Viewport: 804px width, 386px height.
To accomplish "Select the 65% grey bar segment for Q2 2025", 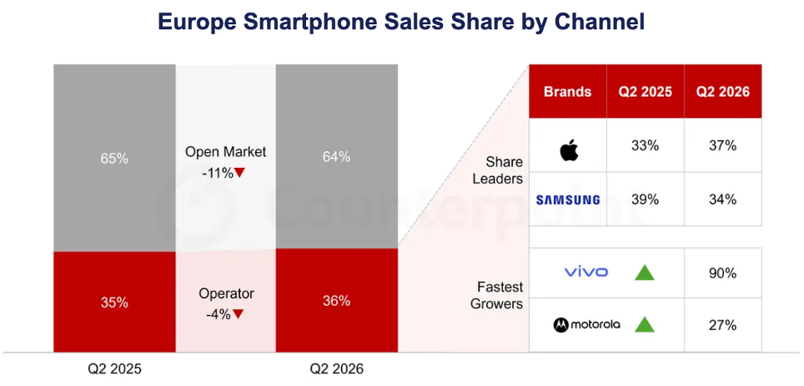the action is (x=114, y=158).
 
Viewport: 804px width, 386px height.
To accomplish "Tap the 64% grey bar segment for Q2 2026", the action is (x=336, y=156).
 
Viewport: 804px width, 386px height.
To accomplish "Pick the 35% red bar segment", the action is (x=114, y=302).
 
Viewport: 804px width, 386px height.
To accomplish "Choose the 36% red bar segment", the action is (x=336, y=301).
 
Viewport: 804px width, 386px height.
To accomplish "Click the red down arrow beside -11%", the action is (x=239, y=173).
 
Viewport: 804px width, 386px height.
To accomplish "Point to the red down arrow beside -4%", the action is (x=238, y=313).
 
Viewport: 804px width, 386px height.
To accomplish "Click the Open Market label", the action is (x=226, y=152).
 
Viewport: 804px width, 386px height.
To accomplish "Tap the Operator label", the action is (x=226, y=293).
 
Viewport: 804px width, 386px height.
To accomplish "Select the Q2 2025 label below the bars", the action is (x=114, y=369).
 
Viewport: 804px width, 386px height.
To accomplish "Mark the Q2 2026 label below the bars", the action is (x=336, y=369).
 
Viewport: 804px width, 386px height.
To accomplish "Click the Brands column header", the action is (x=568, y=92).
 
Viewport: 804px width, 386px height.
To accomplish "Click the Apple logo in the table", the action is (x=569, y=150).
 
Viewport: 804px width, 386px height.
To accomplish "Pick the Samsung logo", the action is (x=568, y=200).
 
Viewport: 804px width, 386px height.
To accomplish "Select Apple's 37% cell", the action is (x=723, y=145).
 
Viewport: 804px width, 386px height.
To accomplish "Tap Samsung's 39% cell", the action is (x=645, y=199).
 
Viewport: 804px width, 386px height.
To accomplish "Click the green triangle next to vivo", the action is (x=645, y=272).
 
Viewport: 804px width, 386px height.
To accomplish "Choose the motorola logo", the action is (x=587, y=324).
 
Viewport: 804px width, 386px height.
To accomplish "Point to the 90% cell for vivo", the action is (x=723, y=273).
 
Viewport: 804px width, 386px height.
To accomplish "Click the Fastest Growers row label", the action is (x=497, y=295).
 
